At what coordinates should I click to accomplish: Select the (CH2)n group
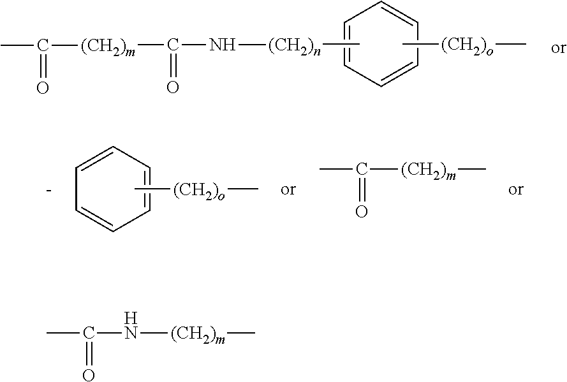coord(293,47)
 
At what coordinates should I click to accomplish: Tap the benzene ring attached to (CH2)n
coord(381,44)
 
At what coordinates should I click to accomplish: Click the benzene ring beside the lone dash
coord(113,189)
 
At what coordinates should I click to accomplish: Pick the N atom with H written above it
coord(131,333)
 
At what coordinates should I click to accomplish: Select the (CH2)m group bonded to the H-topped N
coord(197,334)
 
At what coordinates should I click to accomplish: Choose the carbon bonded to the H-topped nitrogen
coord(89,333)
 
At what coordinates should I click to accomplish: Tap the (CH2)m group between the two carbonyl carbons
coord(107,47)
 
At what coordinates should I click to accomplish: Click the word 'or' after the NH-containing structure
coord(558,49)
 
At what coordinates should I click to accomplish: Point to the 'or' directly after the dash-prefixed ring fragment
coord(288,191)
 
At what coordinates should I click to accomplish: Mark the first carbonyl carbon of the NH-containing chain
coord(42,45)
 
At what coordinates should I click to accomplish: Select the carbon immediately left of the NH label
coord(172,45)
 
